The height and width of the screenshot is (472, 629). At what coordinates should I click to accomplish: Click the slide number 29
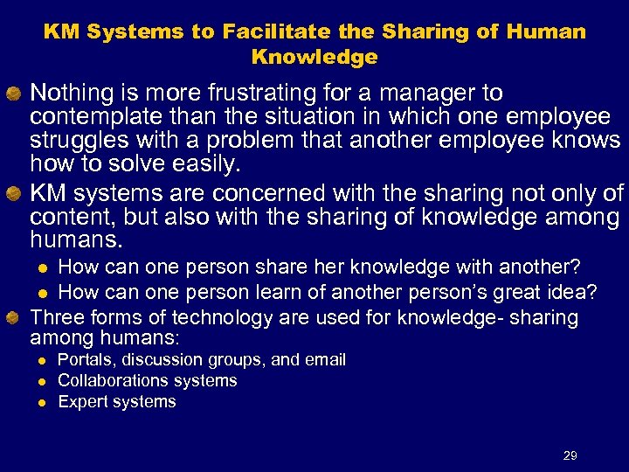570,455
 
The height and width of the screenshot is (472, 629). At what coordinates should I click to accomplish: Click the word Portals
86,360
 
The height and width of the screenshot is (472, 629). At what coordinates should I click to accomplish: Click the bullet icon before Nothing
15,94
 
